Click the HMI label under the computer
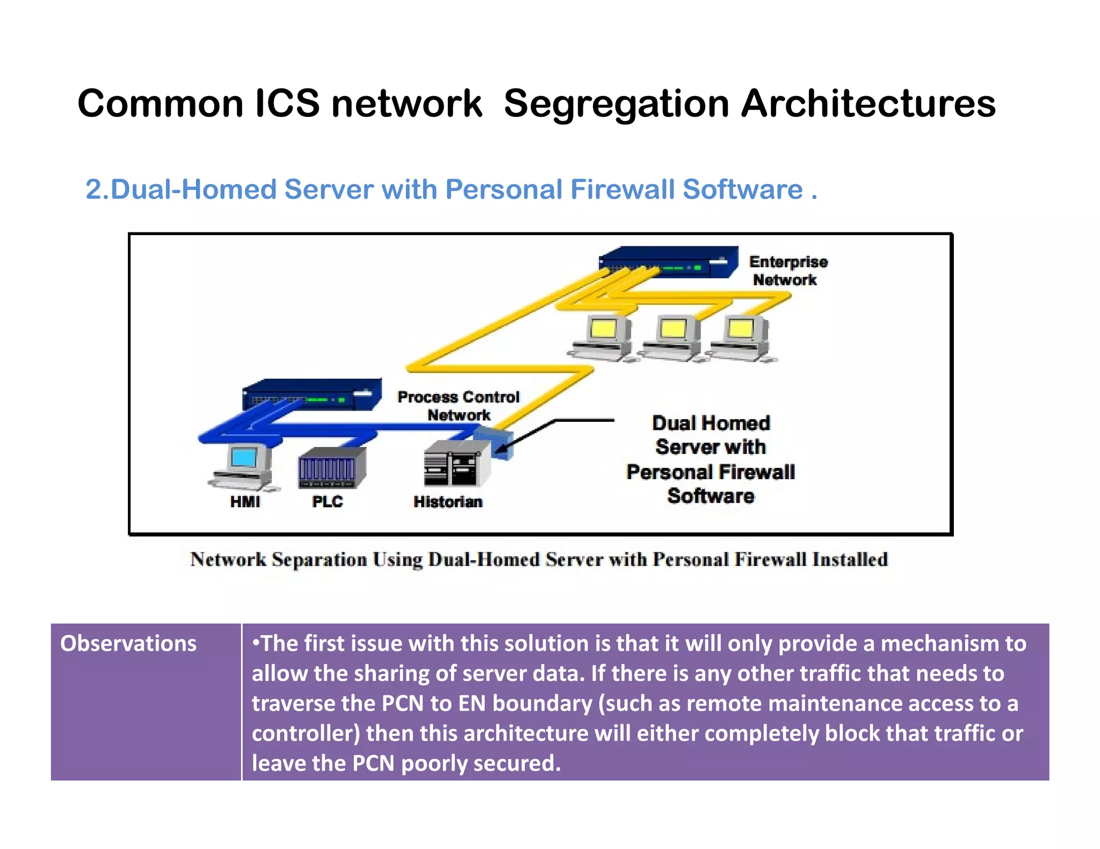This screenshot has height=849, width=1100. click(245, 502)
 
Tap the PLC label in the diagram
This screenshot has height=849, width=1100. click(327, 502)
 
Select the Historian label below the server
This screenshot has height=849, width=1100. click(448, 502)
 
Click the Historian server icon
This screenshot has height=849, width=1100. click(457, 463)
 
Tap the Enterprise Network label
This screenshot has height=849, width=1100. click(787, 270)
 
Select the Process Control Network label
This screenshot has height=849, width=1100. click(458, 406)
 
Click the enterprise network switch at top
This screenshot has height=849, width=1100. click(668, 262)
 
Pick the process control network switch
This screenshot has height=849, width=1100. click(312, 395)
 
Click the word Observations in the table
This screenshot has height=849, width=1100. click(128, 643)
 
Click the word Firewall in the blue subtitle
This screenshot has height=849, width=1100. click(623, 189)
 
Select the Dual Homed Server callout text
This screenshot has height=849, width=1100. click(711, 459)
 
